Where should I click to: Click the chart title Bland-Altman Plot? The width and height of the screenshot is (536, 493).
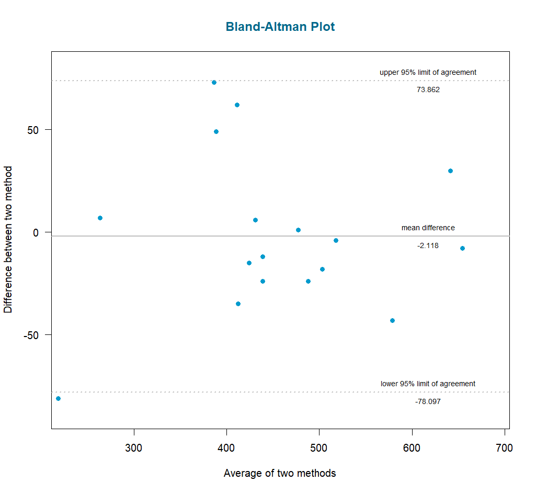tap(280, 27)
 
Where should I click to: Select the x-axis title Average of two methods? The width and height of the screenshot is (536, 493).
tap(280, 473)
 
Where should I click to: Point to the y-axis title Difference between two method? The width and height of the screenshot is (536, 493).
tap(8, 240)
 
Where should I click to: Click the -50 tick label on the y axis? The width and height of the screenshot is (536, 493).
tap(31, 335)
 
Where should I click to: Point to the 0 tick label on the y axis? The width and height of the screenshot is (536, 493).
tap(36, 232)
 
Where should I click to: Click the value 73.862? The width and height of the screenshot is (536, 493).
tap(428, 89)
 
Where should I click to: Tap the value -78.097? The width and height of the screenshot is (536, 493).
tap(428, 401)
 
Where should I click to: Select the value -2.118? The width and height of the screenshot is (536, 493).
tap(428, 245)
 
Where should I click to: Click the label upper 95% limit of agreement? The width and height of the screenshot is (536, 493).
tap(428, 72)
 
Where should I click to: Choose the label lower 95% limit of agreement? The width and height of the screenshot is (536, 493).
tap(428, 384)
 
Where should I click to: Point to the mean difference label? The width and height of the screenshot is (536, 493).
tap(428, 228)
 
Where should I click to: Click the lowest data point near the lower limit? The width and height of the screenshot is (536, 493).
tap(58, 399)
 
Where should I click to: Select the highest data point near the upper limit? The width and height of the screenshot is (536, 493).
tap(214, 82)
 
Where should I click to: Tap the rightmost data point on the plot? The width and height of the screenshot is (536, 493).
tap(462, 248)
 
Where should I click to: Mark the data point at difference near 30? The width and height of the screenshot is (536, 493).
tap(450, 171)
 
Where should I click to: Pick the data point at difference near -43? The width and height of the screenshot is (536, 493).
tap(392, 320)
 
